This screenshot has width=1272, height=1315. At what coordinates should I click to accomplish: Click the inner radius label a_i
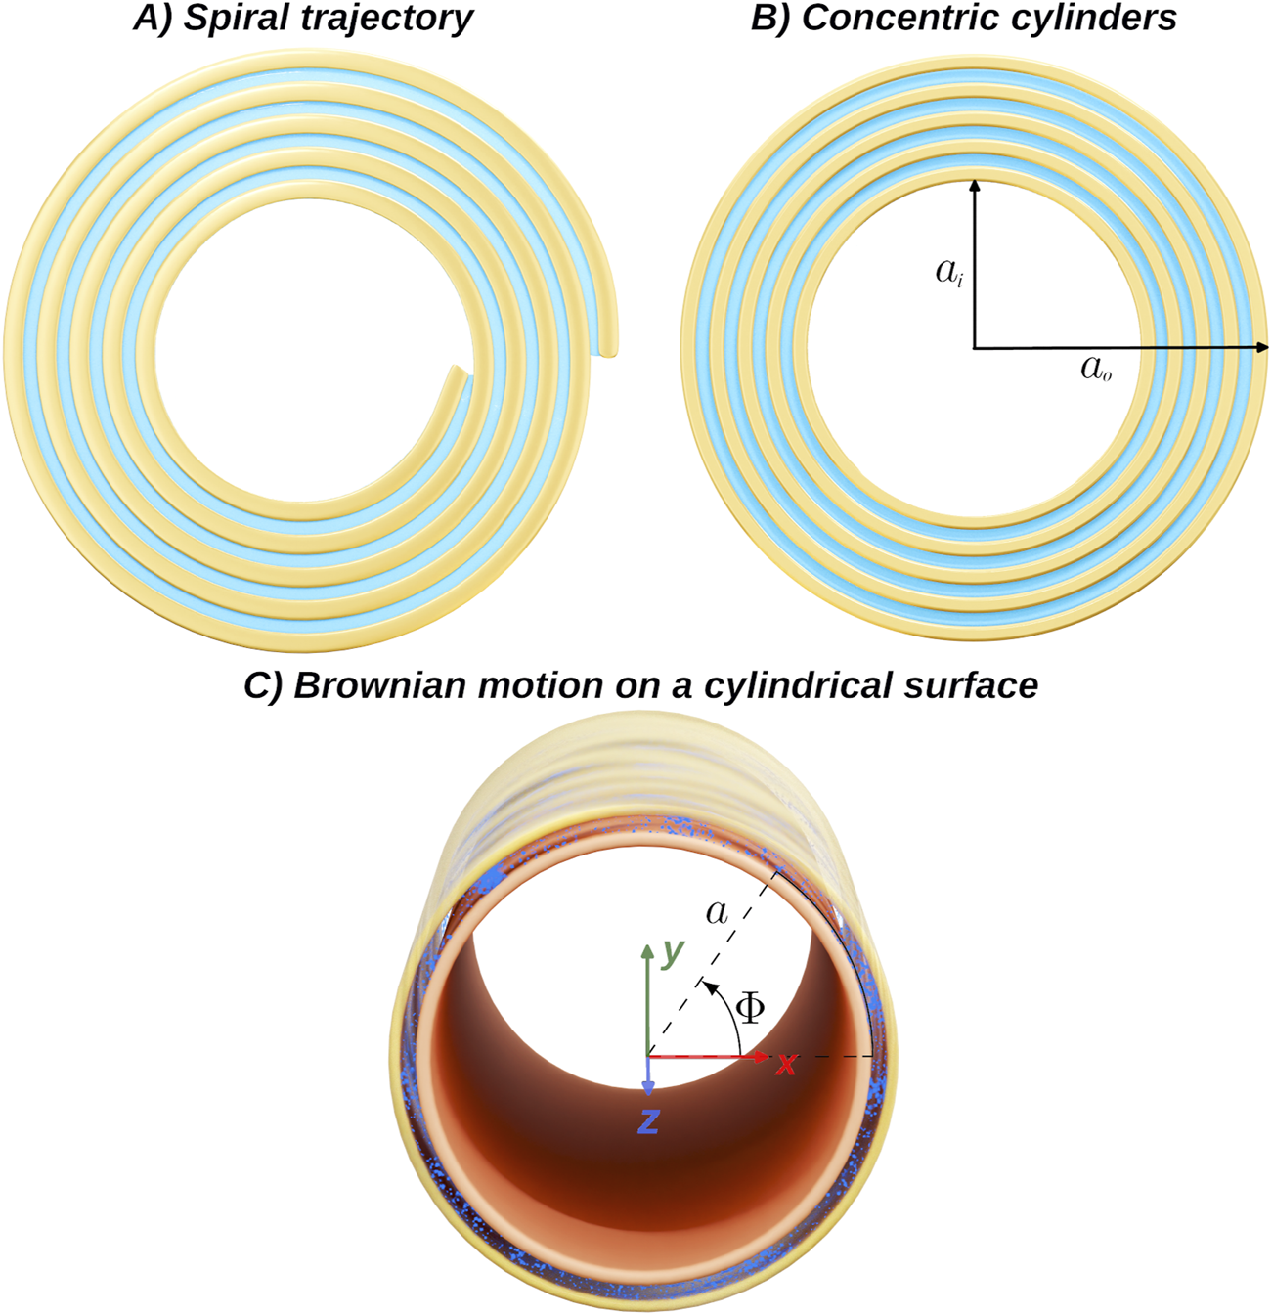point(948,272)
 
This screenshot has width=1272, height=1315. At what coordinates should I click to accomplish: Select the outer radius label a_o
point(1096,368)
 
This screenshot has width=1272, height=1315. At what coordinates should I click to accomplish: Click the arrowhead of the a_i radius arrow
point(974,185)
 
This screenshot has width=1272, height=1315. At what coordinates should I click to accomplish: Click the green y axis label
point(673,951)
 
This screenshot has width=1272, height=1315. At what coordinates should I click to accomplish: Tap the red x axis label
point(786,1064)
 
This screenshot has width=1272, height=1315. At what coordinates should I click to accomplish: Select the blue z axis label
point(647,1122)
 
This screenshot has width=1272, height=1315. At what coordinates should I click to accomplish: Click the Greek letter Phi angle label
point(750,1007)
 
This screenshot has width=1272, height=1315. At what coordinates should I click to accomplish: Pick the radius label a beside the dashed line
point(717,912)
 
